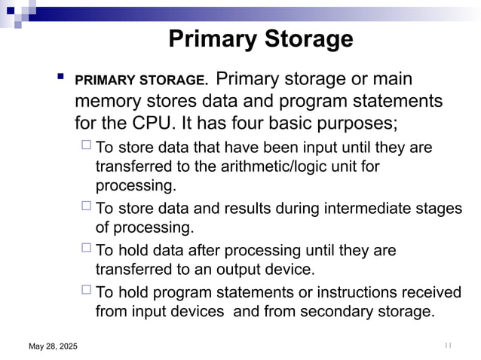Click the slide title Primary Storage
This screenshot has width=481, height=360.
pyautogui.click(x=260, y=38)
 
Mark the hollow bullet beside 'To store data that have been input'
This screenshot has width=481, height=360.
pyautogui.click(x=86, y=146)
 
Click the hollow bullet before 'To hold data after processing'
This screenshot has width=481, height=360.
pyautogui.click(x=86, y=249)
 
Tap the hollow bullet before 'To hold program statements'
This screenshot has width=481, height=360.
pyautogui.click(x=86, y=291)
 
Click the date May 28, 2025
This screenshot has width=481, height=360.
pyautogui.click(x=53, y=346)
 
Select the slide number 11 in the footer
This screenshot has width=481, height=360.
pyautogui.click(x=448, y=345)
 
